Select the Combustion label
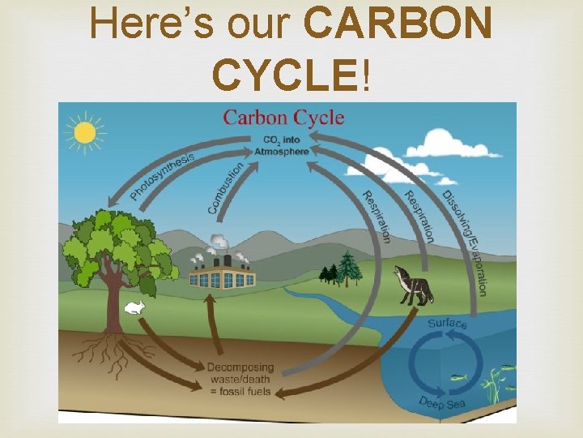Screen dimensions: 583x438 click(226, 188)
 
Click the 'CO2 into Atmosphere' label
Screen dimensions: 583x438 click(278, 145)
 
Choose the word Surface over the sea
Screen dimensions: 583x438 click(447, 324)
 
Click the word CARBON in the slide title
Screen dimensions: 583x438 click(398, 24)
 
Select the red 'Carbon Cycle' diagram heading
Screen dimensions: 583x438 click(283, 118)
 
